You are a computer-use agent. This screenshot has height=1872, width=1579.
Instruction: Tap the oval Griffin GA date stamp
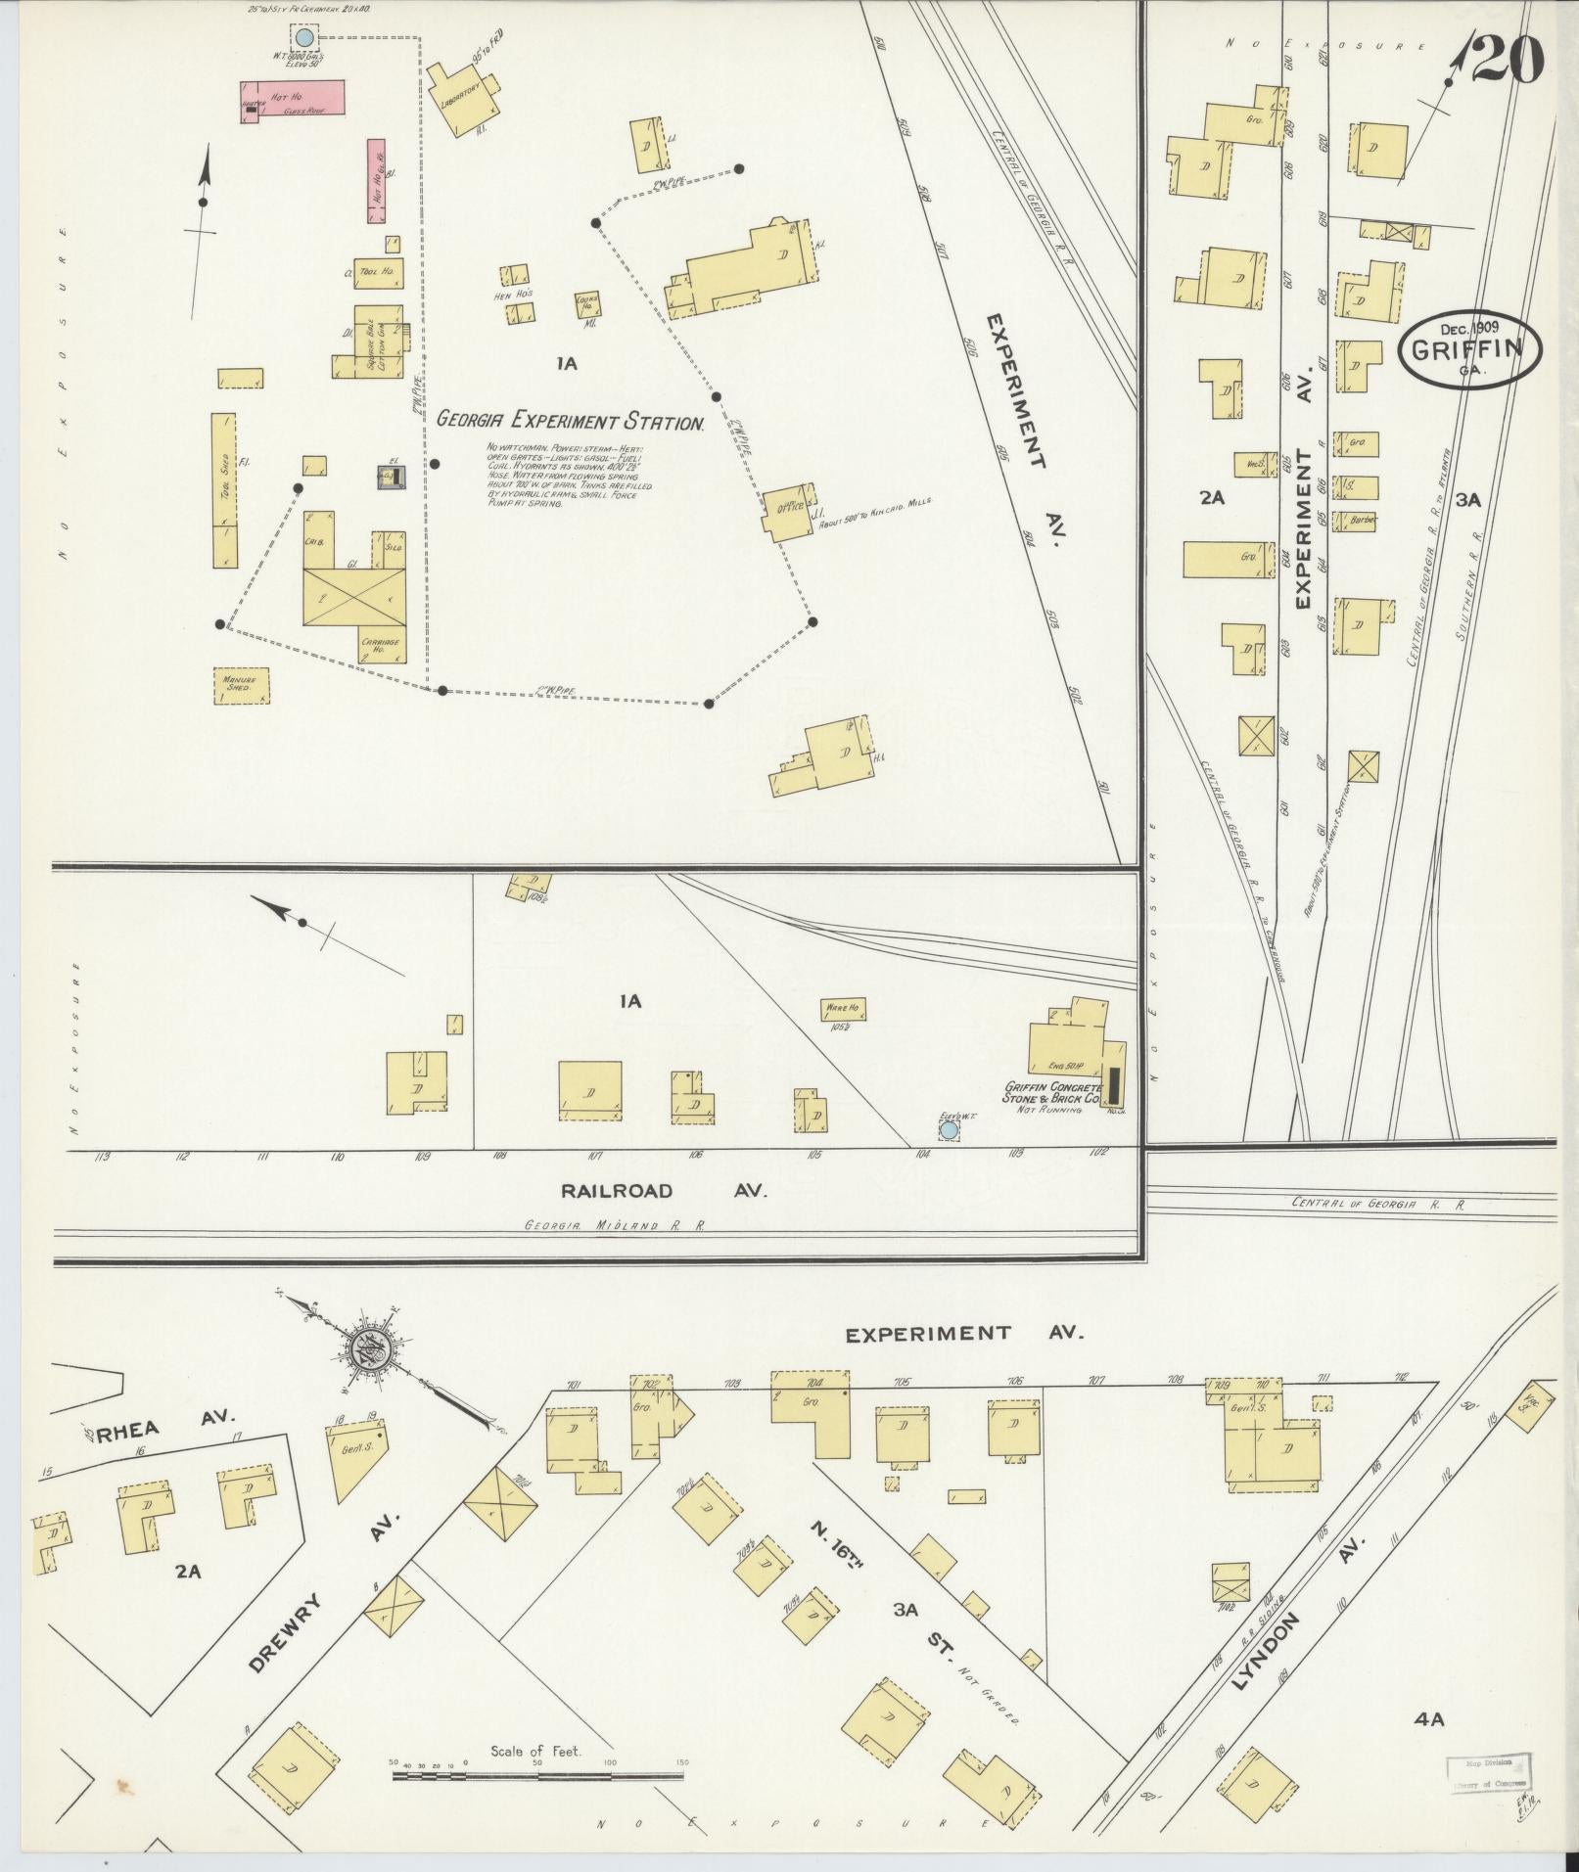tap(1469, 348)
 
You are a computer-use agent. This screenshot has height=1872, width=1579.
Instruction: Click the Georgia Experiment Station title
tap(571, 422)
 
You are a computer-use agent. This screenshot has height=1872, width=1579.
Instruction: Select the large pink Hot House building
tap(293, 101)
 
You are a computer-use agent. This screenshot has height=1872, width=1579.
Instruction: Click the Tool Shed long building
tap(224, 489)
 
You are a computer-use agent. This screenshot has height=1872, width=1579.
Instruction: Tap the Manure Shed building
tap(241, 685)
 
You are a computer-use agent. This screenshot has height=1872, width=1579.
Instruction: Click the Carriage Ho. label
tap(380, 647)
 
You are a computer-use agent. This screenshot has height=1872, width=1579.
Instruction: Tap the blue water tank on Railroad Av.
tap(948, 1131)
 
